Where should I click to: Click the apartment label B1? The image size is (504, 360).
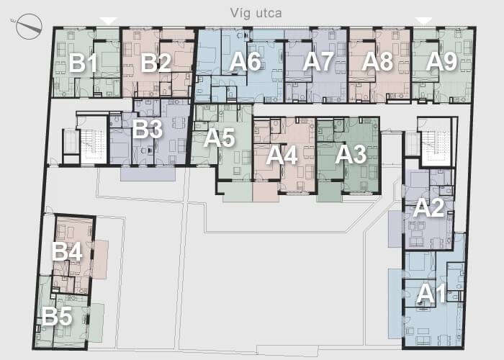83,63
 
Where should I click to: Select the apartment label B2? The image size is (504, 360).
156,63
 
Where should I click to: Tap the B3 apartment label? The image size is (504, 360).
147,129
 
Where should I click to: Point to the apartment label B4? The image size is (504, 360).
67,252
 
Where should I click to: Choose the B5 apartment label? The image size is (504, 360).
57,317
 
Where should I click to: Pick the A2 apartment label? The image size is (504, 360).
429,208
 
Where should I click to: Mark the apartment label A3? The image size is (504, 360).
351,155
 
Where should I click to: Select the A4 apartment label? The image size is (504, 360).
282,156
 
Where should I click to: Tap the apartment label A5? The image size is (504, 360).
220,138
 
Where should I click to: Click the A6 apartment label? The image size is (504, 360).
246,62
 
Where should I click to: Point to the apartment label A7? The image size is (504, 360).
318,62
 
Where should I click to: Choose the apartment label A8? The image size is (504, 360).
377,62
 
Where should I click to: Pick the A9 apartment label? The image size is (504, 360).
441,62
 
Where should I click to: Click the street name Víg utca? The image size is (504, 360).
256,14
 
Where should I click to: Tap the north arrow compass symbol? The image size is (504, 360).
29,27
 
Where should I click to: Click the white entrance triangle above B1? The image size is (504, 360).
109,21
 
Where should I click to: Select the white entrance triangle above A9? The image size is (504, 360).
424,21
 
